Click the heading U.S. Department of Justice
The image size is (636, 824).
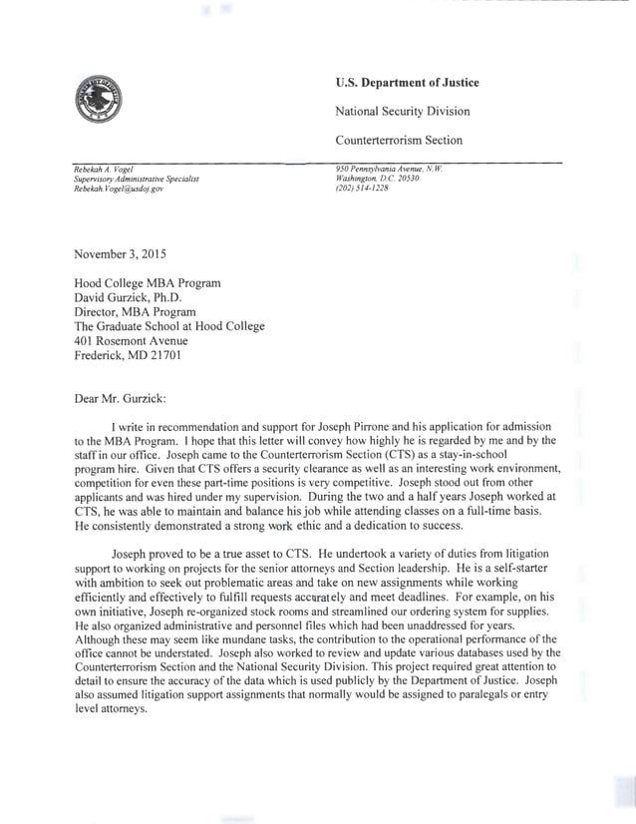tap(407, 83)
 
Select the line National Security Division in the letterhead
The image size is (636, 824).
tap(402, 112)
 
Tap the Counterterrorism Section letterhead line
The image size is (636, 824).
tap(398, 141)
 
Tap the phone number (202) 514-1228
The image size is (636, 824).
tap(363, 189)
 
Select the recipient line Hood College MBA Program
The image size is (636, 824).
tap(148, 283)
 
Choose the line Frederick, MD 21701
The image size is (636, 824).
tap(128, 354)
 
